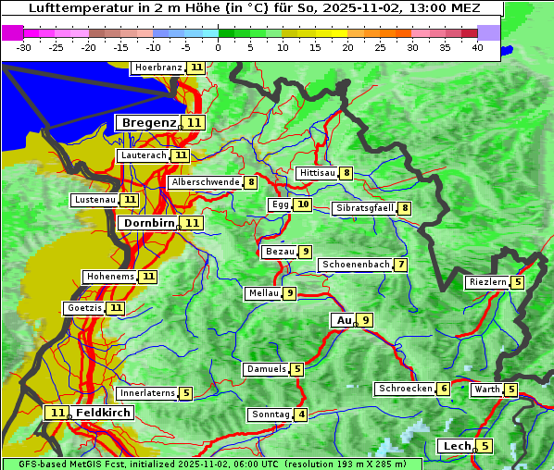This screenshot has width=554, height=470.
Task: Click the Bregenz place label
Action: coord(147,122)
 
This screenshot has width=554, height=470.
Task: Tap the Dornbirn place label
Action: coord(147,223)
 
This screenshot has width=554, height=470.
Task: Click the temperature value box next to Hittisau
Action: coord(346,173)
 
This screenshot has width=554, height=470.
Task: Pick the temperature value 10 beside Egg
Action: coord(303,204)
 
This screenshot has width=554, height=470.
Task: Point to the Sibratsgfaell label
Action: coord(364,208)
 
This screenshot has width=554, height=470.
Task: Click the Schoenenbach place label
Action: coord(356,265)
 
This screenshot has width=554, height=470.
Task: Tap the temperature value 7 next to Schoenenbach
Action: coord(400,266)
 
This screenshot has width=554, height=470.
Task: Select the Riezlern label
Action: coord(487,282)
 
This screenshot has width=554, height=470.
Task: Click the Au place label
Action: coord(344,320)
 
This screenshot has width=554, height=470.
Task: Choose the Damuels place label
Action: coord(265,369)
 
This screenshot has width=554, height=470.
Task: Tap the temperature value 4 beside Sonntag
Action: coord(302,414)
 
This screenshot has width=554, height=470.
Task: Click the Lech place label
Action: coord(457,446)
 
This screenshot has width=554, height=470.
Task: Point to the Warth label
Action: coord(486,390)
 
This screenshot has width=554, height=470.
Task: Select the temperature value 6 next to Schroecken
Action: coord(444,390)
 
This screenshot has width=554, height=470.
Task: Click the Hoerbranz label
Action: coord(158,68)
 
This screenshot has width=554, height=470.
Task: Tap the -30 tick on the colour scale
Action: coord(24,46)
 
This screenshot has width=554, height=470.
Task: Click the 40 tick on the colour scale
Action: coord(477,46)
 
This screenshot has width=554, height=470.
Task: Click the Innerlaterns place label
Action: coord(146,393)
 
